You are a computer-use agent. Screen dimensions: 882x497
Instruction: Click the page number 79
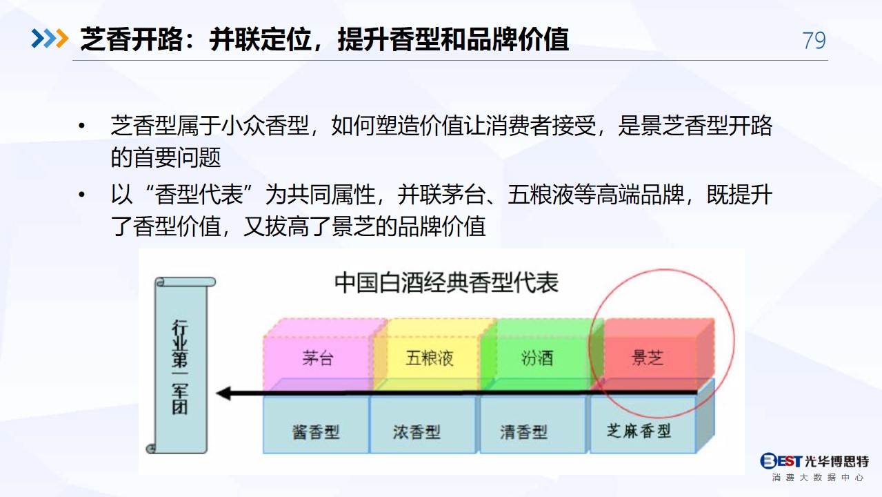pyautogui.click(x=814, y=40)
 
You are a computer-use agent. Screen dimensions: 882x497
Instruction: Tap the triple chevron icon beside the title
pyautogui.click(x=50, y=39)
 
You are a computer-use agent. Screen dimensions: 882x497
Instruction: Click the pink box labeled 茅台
pyautogui.click(x=318, y=358)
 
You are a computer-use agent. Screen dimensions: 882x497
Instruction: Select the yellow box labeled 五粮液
pyautogui.click(x=429, y=358)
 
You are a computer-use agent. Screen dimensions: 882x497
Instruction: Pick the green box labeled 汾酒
pyautogui.click(x=537, y=358)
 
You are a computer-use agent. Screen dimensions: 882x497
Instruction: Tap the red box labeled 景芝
pyautogui.click(x=648, y=358)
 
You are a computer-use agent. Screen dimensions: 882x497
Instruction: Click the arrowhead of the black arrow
pyautogui.click(x=223, y=393)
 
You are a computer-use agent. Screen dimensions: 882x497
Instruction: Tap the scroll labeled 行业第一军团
pyautogui.click(x=181, y=365)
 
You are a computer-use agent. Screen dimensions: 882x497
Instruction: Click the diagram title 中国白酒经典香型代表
pyautogui.click(x=446, y=282)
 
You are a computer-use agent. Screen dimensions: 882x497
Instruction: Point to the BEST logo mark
pyautogui.click(x=781, y=460)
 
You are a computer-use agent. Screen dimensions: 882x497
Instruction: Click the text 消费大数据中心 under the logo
pyautogui.click(x=818, y=478)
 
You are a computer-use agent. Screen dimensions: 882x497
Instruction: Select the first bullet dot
pyautogui.click(x=81, y=126)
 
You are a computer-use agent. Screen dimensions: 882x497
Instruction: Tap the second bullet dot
pyautogui.click(x=81, y=194)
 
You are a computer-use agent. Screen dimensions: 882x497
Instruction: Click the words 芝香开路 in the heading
pyautogui.click(x=132, y=39)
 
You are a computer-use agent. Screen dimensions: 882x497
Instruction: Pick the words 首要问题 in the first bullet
pyautogui.click(x=177, y=157)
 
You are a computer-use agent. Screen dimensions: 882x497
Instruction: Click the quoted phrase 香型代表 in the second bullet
pyautogui.click(x=199, y=195)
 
